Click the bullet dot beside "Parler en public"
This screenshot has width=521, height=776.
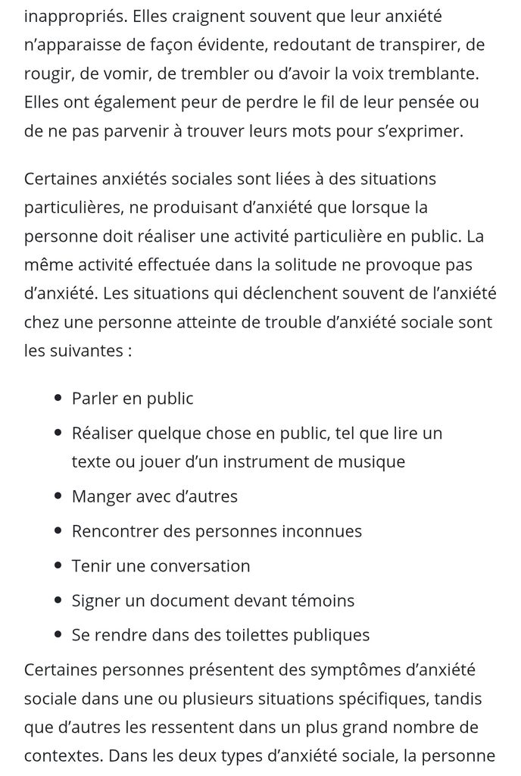pyautogui.click(x=58, y=399)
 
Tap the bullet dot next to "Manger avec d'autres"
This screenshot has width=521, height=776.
pyautogui.click(x=58, y=497)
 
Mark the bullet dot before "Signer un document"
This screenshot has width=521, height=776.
pyautogui.click(x=58, y=601)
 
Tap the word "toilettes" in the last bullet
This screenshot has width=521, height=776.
pyautogui.click(x=239, y=635)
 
